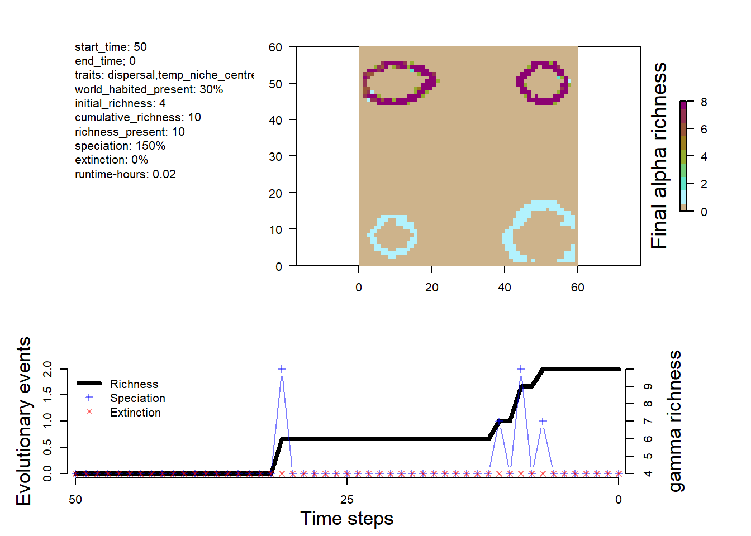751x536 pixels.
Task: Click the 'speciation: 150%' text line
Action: click(120, 146)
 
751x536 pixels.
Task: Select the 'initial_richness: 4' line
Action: click(120, 103)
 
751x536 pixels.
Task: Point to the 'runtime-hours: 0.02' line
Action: click(125, 174)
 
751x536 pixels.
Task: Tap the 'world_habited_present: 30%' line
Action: click(149, 89)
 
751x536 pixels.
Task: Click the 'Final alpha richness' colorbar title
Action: click(659, 156)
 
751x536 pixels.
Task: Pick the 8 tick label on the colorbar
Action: click(704, 102)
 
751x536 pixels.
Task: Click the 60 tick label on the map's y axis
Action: click(275, 47)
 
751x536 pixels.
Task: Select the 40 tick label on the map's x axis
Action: click(504, 288)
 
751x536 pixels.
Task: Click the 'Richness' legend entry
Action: click(134, 384)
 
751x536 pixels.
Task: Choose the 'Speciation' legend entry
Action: click(137, 398)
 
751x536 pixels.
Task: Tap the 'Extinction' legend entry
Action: click(135, 413)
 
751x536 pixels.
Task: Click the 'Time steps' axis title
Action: click(346, 519)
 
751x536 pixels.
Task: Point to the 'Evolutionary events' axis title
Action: click(23, 421)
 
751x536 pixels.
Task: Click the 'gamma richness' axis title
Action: click(675, 421)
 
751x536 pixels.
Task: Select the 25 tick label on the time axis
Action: click(346, 500)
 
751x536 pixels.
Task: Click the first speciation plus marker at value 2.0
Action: click(282, 369)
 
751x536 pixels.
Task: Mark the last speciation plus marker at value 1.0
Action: click(542, 421)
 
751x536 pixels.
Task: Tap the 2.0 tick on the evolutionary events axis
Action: click(47, 369)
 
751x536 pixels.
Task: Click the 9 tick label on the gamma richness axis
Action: click(648, 386)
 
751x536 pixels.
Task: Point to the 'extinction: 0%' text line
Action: click(112, 160)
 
